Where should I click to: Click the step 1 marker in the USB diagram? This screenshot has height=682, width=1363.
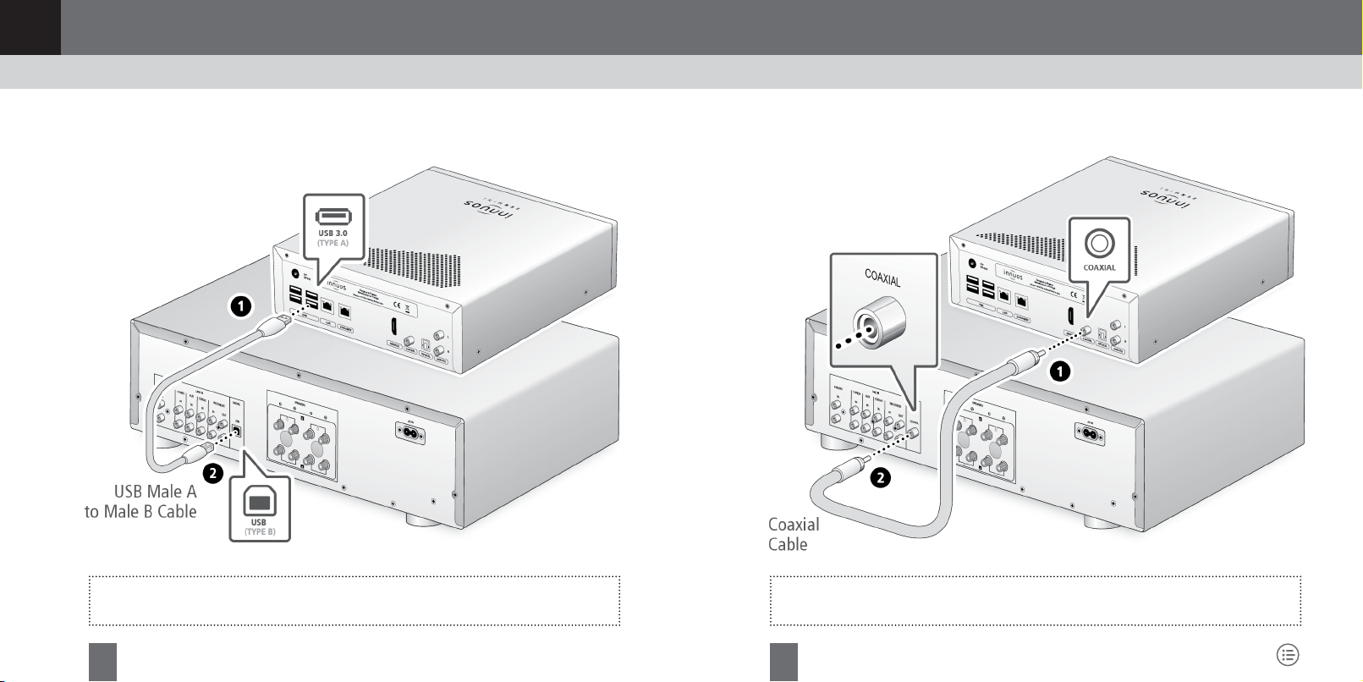tap(241, 306)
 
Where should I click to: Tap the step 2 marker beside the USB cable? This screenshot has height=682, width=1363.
tap(212, 474)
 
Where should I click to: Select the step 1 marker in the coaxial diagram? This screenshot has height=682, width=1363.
tap(1059, 371)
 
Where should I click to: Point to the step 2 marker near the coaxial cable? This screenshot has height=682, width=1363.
tap(881, 478)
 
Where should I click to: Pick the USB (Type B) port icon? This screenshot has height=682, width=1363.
tap(259, 502)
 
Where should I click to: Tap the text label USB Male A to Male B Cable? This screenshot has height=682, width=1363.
tap(141, 502)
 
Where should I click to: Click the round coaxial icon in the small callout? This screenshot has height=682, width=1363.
tap(1099, 244)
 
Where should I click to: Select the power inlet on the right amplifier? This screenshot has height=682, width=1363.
tap(1096, 431)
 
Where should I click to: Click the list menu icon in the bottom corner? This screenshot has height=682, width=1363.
tap(1288, 654)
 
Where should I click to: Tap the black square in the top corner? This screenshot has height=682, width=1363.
tap(30, 27)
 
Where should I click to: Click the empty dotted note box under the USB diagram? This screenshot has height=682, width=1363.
tap(354, 601)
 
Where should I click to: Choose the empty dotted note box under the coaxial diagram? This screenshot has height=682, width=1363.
tap(1035, 601)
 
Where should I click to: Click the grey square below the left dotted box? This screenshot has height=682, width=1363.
tap(102, 662)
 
